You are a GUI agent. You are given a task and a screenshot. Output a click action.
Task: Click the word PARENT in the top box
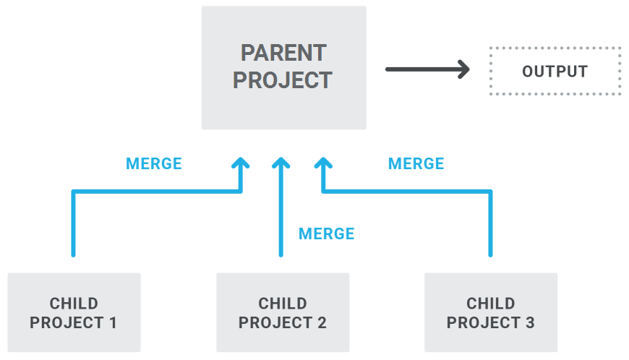(x=283, y=53)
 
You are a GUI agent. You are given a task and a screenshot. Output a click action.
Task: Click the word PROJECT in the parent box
(x=283, y=80)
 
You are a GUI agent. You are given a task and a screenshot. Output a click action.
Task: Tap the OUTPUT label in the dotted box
(x=555, y=72)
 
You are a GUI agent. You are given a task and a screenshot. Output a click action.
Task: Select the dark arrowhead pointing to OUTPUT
(x=463, y=69)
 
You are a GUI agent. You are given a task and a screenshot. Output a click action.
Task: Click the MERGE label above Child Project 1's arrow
(x=154, y=163)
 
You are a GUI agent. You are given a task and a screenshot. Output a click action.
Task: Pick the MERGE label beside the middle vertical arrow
(x=327, y=233)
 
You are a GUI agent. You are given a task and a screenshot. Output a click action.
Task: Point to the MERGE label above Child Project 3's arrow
(x=416, y=163)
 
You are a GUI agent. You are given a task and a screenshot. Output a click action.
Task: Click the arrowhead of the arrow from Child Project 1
(x=241, y=163)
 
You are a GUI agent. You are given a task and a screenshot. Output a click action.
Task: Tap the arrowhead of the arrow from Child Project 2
(x=281, y=163)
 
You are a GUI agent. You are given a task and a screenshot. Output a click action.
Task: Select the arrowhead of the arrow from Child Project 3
(x=323, y=163)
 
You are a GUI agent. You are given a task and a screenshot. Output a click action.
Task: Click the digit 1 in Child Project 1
(x=113, y=322)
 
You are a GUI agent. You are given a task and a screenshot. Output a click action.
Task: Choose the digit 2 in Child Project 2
(x=322, y=322)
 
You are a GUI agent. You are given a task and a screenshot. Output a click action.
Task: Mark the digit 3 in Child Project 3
(x=531, y=322)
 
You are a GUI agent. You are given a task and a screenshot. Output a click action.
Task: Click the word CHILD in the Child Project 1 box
(x=74, y=304)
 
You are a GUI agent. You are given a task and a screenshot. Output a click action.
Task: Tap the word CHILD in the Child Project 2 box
(x=283, y=304)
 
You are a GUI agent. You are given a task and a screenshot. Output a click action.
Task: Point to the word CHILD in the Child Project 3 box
(x=491, y=304)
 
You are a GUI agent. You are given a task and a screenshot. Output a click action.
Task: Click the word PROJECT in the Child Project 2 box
(x=275, y=322)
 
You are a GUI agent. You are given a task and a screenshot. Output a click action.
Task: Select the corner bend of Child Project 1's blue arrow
(x=74, y=192)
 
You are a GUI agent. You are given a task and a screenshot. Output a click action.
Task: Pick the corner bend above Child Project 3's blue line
(x=490, y=192)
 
